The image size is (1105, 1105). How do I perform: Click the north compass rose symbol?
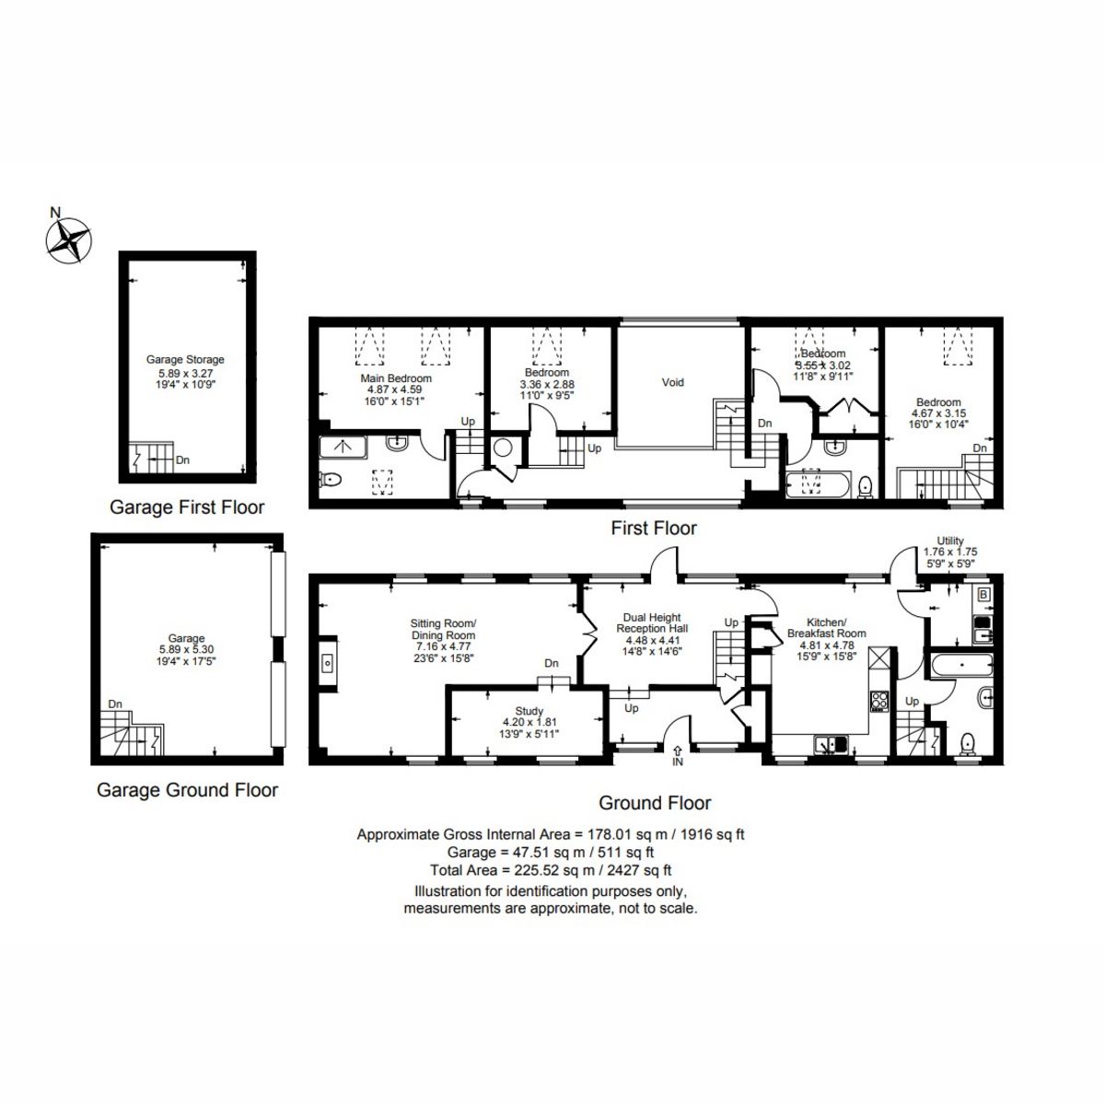tap(69, 240)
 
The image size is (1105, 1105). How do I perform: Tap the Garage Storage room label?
tap(185, 360)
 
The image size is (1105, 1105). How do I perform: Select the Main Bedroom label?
tap(396, 378)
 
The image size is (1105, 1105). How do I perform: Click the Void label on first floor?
tap(673, 382)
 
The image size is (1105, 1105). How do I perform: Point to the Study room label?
tap(529, 711)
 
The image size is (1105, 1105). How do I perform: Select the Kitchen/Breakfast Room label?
tap(826, 627)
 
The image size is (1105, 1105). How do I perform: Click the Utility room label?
tap(949, 541)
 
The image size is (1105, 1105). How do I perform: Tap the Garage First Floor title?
tap(187, 507)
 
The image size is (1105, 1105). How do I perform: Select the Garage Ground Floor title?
tap(187, 790)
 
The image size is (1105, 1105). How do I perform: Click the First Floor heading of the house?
tap(654, 529)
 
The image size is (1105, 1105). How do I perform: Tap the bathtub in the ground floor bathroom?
tap(961, 663)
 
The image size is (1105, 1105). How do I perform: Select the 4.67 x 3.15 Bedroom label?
tap(938, 401)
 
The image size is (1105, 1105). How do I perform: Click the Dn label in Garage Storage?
tap(182, 458)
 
